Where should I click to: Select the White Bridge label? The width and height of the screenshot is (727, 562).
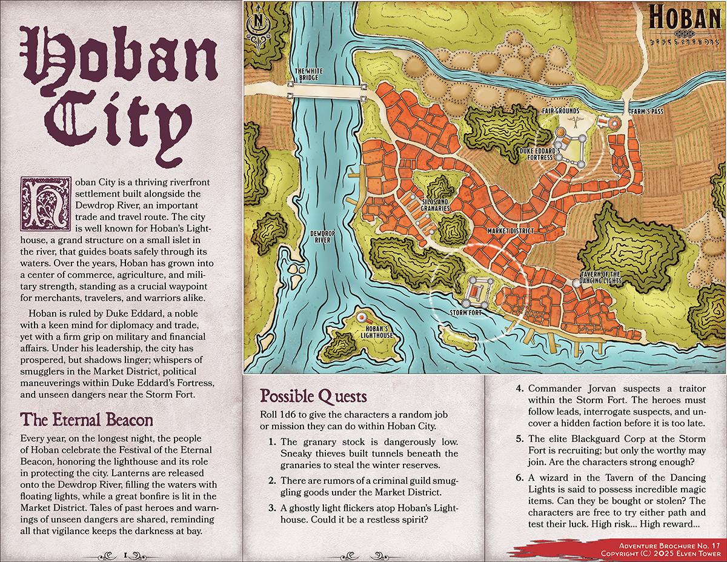click(308, 74)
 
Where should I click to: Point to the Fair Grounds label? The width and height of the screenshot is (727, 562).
click(560, 112)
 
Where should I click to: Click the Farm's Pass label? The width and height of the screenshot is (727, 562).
click(646, 112)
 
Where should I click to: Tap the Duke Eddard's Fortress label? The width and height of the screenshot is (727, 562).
click(536, 153)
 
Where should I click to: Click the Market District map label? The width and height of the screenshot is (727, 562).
click(510, 232)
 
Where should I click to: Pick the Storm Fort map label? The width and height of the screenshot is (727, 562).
click(465, 313)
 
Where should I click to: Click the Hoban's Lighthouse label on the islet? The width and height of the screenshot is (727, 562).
click(376, 332)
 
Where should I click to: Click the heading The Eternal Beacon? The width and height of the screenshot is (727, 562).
click(87, 420)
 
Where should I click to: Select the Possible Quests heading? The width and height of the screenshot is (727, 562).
click(313, 396)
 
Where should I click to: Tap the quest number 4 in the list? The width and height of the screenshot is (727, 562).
click(519, 388)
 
